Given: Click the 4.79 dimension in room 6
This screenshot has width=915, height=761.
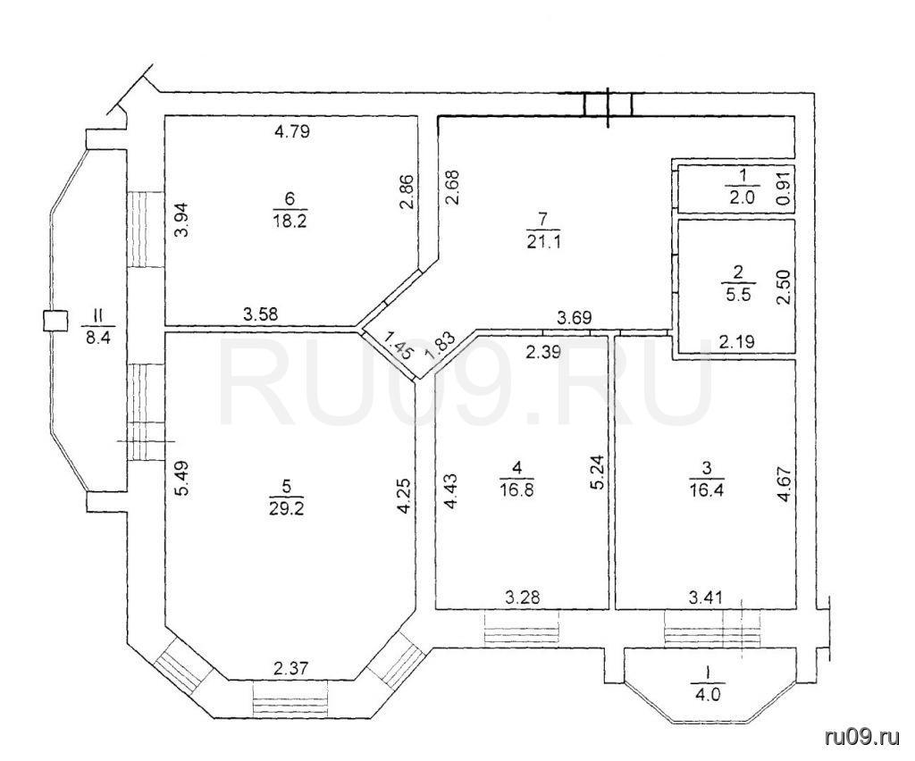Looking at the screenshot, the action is pyautogui.click(x=292, y=132).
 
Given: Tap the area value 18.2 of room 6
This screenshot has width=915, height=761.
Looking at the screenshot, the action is pyautogui.click(x=290, y=221).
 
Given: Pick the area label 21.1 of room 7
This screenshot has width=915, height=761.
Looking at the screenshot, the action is pyautogui.click(x=543, y=241).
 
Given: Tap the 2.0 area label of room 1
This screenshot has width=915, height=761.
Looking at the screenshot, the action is pyautogui.click(x=742, y=197).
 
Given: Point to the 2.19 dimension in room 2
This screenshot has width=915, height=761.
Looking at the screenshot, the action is pyautogui.click(x=736, y=342).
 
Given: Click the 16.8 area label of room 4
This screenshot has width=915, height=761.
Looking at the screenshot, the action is pyautogui.click(x=517, y=489).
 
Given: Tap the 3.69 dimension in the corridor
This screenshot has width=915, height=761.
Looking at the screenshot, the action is pyautogui.click(x=575, y=318).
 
